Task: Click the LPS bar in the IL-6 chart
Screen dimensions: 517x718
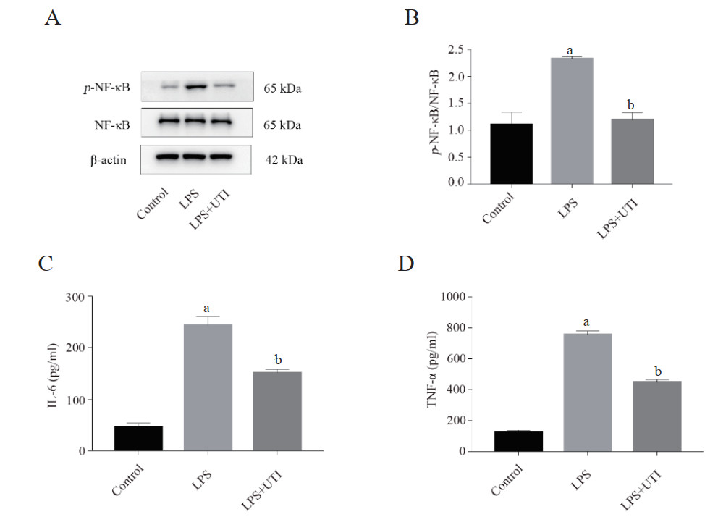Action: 208,387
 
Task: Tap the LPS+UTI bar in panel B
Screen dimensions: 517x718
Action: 633,151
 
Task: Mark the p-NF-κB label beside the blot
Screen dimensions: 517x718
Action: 106,89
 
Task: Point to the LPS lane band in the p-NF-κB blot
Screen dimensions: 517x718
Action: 195,87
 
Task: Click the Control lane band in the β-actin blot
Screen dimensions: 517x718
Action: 168,156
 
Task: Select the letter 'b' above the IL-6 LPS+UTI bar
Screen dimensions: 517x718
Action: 277,358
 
